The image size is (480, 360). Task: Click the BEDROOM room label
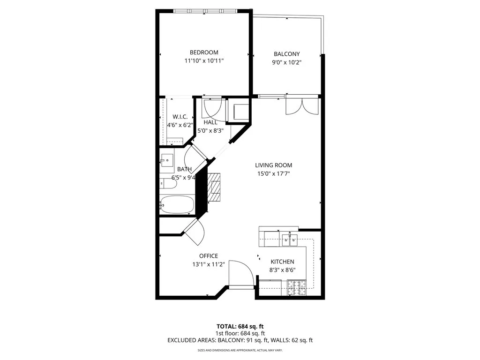coord(203,52)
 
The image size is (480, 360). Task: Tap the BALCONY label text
coord(286,54)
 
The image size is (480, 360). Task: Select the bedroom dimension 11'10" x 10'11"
coord(203,61)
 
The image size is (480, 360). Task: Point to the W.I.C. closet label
coord(180,117)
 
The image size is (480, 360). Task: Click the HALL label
coord(210,122)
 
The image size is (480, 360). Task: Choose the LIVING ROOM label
coord(273,165)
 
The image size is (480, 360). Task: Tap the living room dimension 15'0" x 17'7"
coord(273,173)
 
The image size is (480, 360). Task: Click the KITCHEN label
coord(282,262)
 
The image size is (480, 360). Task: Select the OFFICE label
coord(209,256)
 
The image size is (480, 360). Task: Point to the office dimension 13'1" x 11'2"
coord(209,264)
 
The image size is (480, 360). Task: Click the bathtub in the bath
coord(176,204)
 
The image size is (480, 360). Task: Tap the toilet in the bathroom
coord(168,184)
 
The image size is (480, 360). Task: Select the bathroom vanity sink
coord(166,161)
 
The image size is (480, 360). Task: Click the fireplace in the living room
coord(214,187)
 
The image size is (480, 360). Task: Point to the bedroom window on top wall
coord(204,11)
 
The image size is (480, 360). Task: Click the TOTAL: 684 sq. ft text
coord(240,326)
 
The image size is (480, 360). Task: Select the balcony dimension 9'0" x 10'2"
coord(286,62)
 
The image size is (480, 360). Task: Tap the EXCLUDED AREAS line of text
coord(240,340)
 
